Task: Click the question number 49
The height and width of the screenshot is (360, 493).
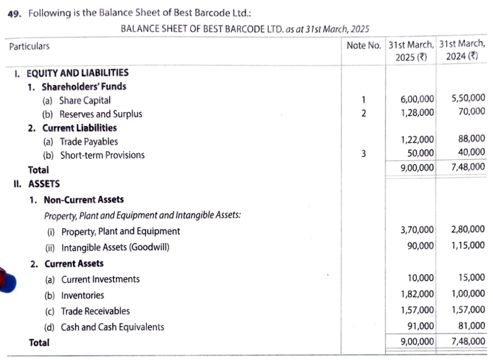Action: (14, 13)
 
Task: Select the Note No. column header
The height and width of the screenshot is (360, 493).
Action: (364, 45)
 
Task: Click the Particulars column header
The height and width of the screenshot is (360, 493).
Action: (29, 47)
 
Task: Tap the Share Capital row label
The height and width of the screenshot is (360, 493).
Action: (85, 101)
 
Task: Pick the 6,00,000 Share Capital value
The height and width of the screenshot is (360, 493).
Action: (417, 99)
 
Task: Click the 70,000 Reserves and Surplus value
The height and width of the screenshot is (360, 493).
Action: (471, 112)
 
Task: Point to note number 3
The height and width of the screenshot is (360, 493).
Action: (363, 154)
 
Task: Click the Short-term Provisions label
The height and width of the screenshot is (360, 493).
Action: (102, 155)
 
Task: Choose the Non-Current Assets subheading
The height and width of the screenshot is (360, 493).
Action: (84, 200)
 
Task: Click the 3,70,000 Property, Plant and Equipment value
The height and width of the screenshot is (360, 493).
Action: (417, 230)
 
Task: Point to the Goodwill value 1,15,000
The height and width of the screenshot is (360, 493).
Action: (468, 245)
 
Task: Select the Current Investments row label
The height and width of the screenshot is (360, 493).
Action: (100, 280)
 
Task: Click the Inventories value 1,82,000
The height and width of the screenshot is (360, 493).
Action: (417, 294)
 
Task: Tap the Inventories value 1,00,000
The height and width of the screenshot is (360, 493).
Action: (468, 294)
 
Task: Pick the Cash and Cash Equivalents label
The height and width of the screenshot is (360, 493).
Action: (112, 327)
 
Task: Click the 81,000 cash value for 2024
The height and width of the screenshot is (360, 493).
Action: (471, 326)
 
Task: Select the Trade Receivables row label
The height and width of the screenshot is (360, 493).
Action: (95, 311)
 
